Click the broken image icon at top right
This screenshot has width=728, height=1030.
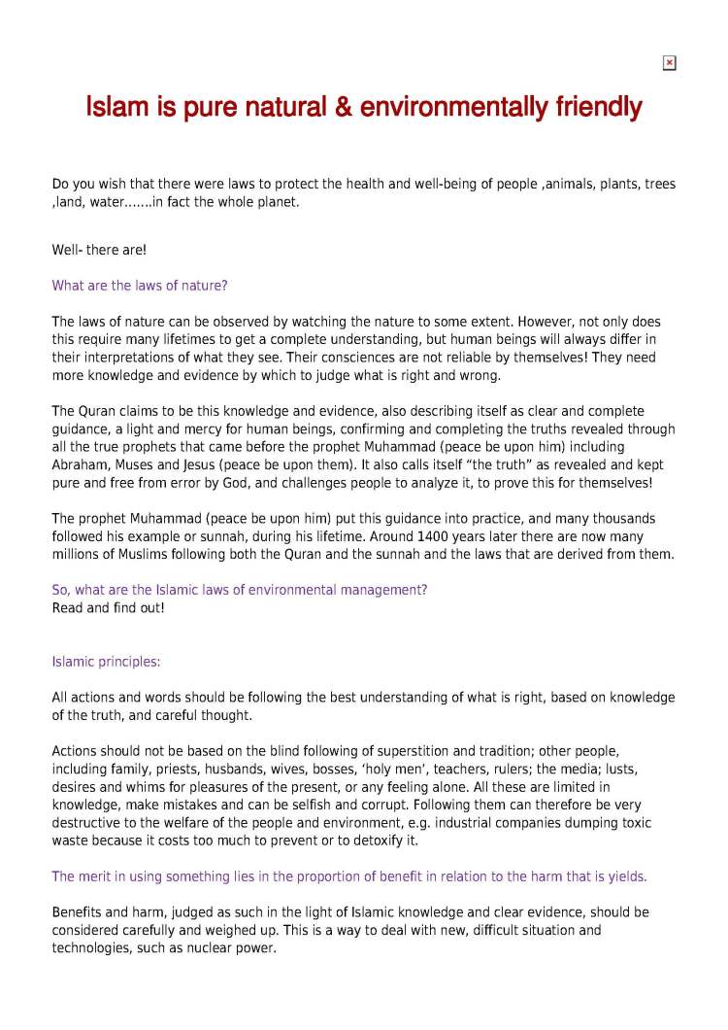669,63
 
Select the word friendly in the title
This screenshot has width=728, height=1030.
596,106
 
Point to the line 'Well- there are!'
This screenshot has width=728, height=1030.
99,250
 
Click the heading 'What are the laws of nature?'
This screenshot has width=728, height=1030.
140,286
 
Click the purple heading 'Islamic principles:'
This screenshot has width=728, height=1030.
106,662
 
